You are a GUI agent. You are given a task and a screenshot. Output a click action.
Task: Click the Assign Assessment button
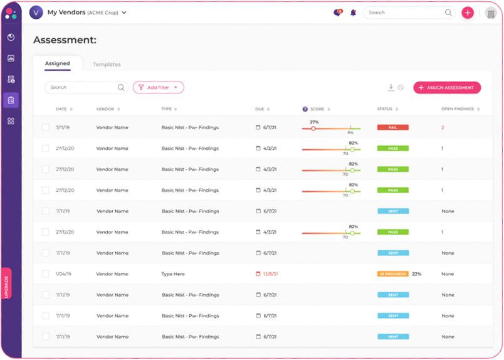point(447,88)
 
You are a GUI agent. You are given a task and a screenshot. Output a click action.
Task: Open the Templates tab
point(107,65)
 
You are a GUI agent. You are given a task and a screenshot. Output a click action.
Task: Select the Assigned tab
point(57,64)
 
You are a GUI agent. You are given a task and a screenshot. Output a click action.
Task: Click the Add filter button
point(158,88)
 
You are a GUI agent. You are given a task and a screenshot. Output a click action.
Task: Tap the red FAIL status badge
point(392,127)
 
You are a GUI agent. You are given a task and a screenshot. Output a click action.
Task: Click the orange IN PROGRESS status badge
point(392,274)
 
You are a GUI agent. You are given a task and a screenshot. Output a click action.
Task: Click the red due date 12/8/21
point(270,274)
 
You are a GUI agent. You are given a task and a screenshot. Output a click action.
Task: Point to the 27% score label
point(314,122)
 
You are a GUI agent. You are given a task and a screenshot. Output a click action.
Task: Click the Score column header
point(317,109)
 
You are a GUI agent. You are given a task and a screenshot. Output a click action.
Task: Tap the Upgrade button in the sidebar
point(6,283)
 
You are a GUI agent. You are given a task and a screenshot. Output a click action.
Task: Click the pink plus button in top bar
point(468,13)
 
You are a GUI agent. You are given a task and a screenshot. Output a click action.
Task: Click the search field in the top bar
point(404,13)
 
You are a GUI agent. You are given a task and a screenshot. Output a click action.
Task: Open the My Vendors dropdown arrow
point(124,13)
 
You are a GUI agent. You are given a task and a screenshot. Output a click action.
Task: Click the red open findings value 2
point(443,127)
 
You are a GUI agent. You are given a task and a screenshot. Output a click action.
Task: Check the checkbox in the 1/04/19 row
point(45,274)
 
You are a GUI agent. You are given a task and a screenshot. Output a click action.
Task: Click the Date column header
point(61,109)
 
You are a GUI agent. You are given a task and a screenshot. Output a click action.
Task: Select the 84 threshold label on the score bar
point(350,132)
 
